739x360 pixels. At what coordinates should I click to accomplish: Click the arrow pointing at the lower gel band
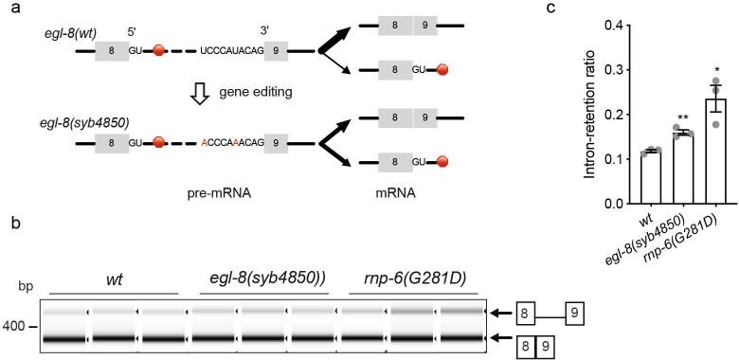(496, 337)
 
